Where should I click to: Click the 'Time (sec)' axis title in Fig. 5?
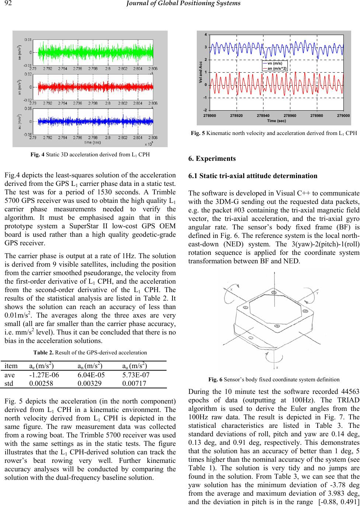(277, 121)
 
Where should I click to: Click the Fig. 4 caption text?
(90, 154)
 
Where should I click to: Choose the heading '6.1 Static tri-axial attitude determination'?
(253, 176)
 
